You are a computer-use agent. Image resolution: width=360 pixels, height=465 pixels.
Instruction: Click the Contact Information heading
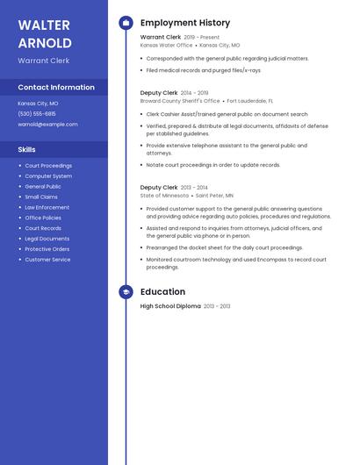[x=56, y=87]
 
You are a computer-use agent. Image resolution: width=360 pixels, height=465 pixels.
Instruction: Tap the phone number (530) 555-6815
[x=37, y=113]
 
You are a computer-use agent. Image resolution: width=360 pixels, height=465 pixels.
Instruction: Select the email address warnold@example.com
[x=47, y=124]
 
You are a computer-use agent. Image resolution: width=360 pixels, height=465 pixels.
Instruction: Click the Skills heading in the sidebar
[x=27, y=149]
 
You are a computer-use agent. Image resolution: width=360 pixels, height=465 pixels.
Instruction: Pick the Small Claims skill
[x=41, y=197]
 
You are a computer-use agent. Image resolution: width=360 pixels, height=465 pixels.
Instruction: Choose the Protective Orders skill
[x=47, y=249]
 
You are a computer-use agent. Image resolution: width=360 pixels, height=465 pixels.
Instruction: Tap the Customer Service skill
[x=47, y=260]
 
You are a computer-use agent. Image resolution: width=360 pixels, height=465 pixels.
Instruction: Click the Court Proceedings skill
[x=48, y=165]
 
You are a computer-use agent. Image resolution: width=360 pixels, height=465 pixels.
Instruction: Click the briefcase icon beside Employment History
[x=126, y=23]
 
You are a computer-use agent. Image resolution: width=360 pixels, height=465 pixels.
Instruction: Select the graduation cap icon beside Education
[x=126, y=292]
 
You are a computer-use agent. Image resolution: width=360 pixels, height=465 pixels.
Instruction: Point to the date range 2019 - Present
[x=202, y=38]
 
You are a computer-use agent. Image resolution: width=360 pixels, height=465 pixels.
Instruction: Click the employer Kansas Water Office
[x=166, y=45]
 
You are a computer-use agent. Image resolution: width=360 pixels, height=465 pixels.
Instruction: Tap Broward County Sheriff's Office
[x=180, y=101]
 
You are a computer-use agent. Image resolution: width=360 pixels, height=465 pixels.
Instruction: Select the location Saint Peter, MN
[x=215, y=196]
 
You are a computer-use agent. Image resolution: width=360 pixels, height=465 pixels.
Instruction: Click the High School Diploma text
[x=170, y=306]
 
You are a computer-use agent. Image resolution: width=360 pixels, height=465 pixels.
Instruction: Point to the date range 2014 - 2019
[x=195, y=93]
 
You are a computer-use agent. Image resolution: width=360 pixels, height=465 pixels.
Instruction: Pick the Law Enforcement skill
[x=47, y=207]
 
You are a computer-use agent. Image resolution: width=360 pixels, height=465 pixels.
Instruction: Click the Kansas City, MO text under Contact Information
[x=38, y=103]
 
